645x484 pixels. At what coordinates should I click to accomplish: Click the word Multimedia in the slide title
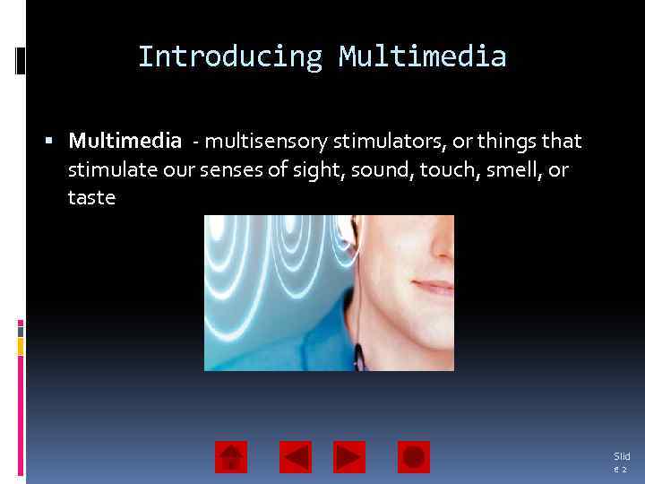(422, 57)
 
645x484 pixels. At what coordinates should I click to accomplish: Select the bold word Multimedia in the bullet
(125, 142)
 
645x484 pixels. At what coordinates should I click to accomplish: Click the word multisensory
(266, 142)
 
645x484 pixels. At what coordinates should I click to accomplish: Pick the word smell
(512, 169)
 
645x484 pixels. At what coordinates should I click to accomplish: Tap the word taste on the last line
(91, 198)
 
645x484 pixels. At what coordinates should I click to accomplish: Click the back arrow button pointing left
(296, 457)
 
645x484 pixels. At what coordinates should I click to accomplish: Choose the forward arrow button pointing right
(349, 457)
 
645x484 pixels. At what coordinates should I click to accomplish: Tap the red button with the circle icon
(413, 457)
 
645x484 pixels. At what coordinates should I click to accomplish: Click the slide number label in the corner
(622, 462)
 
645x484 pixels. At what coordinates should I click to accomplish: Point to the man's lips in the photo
(434, 288)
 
